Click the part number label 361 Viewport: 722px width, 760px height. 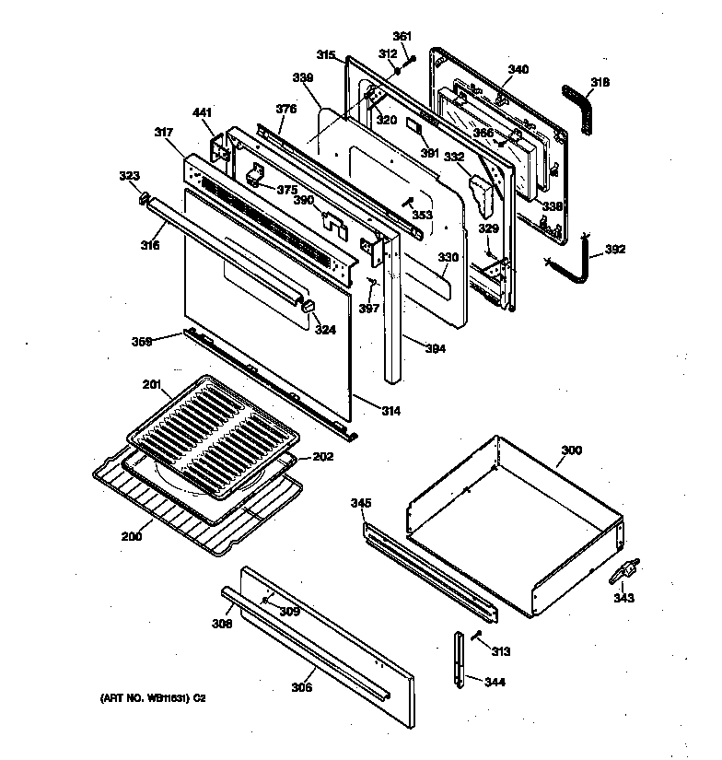pos(402,36)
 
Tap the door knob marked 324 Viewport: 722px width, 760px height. pos(309,307)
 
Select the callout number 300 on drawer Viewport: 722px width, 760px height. pos(571,451)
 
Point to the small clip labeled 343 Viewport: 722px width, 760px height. pos(623,573)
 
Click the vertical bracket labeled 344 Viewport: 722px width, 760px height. pos(458,659)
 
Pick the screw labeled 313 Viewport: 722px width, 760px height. pos(476,636)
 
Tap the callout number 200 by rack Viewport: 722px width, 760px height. pos(132,535)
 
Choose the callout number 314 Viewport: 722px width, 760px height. pos(390,410)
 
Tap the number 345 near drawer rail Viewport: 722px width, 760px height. pos(361,503)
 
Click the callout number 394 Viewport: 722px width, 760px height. pos(437,348)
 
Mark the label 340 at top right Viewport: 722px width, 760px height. pos(518,69)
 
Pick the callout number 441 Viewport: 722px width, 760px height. pos(202,112)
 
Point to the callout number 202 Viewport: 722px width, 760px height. pos(321,455)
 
